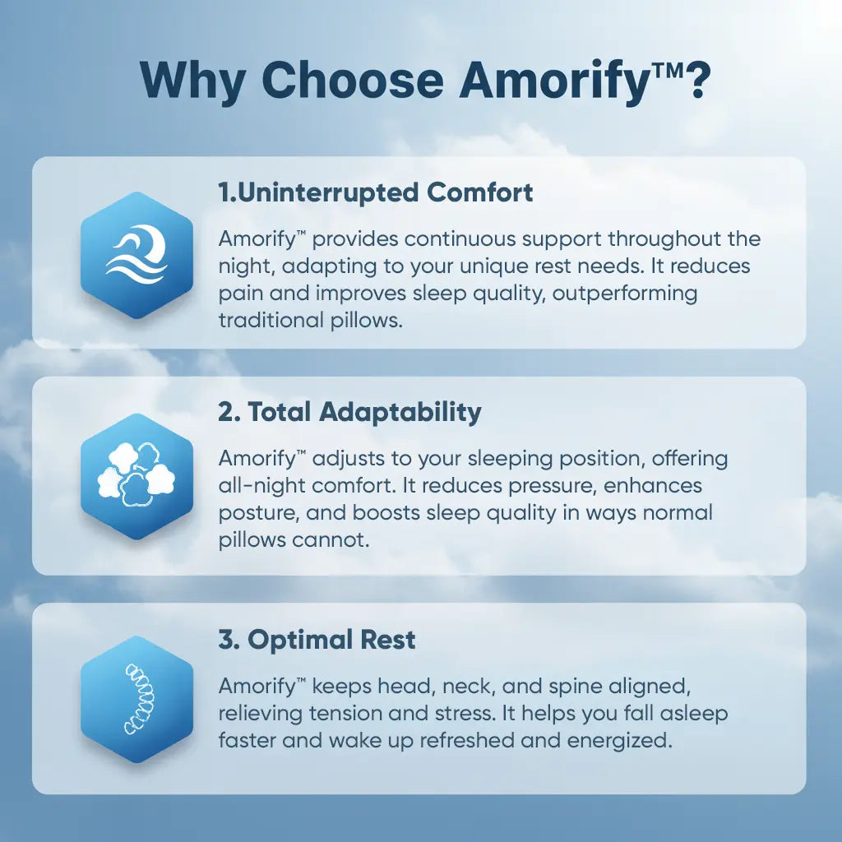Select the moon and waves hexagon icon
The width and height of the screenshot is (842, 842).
136,255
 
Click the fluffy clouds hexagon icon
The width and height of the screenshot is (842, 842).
136,476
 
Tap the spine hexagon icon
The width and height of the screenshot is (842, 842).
136,699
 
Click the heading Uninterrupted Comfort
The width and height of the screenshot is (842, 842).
376,192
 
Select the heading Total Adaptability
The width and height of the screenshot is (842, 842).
349,412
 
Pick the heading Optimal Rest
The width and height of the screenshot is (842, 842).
317,639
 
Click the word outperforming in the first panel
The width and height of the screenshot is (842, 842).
625,293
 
